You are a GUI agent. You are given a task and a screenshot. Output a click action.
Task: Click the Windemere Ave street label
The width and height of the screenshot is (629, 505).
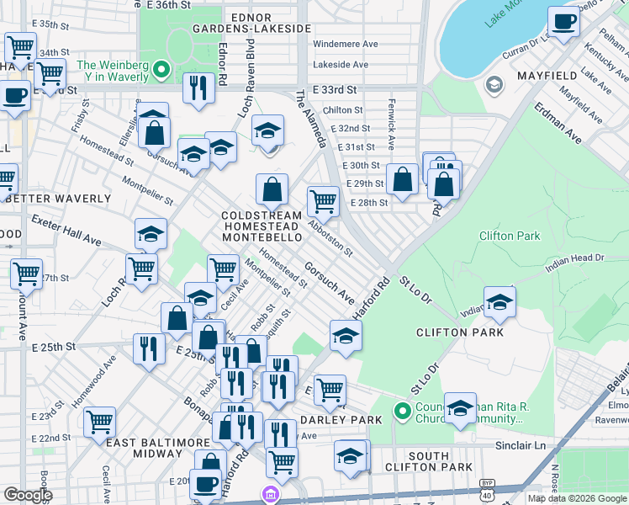click(345, 44)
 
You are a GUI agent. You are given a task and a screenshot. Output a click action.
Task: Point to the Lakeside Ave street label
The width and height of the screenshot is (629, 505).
click(341, 64)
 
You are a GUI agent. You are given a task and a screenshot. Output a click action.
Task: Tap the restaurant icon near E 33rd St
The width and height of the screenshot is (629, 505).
click(198, 89)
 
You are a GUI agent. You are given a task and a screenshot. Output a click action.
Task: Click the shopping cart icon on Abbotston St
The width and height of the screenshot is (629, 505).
click(323, 202)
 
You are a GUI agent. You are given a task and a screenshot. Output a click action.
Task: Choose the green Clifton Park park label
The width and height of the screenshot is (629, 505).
click(510, 236)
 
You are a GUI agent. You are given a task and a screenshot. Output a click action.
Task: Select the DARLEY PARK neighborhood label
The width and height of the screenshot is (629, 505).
click(334, 419)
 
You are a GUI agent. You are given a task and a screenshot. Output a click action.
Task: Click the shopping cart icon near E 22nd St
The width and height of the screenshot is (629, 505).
click(99, 421)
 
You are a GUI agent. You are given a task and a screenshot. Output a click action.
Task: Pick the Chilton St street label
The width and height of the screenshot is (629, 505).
click(342, 109)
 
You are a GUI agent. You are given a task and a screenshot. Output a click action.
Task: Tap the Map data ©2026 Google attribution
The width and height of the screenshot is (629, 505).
click(576, 498)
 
